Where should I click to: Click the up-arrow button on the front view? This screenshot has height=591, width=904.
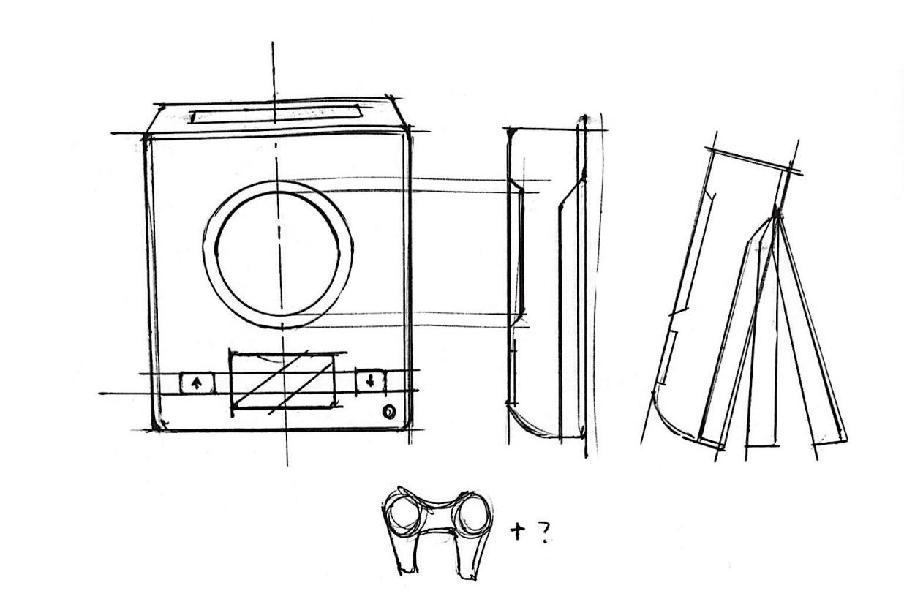click(197, 382)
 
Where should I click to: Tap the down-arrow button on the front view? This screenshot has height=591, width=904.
click(371, 380)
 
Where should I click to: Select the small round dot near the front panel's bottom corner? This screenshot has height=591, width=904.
click(390, 413)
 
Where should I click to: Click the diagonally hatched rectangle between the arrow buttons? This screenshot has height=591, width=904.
click(284, 377)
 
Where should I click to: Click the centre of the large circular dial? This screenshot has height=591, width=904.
click(279, 253)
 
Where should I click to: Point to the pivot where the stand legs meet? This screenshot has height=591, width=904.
click(776, 214)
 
